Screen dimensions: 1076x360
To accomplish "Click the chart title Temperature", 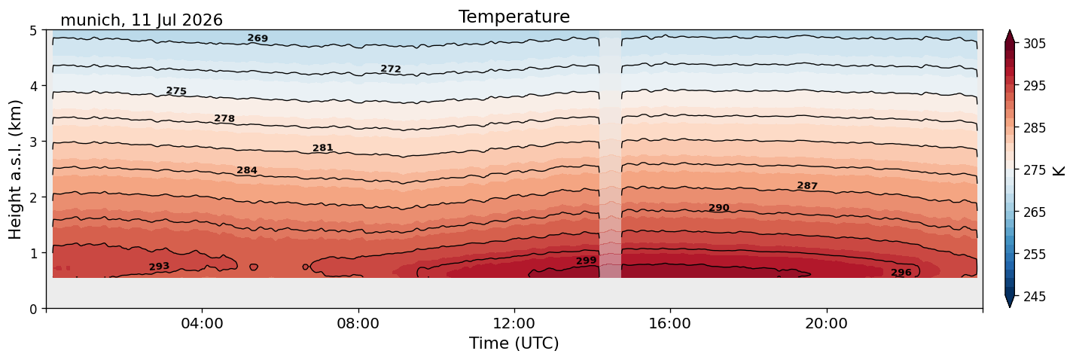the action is pyautogui.click(x=514, y=17).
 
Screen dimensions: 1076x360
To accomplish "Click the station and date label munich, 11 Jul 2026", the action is pyautogui.click(x=142, y=20).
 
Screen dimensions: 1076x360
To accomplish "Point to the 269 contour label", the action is pyautogui.click(x=258, y=38).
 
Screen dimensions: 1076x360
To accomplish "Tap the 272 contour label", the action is pyautogui.click(x=391, y=69).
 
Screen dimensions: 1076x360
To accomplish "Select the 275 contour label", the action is pyautogui.click(x=176, y=90).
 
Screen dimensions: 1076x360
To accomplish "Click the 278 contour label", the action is pyautogui.click(x=224, y=118).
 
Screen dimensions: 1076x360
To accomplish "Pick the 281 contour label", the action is pyautogui.click(x=323, y=148).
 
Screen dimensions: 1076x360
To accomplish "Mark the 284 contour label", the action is pyautogui.click(x=247, y=170).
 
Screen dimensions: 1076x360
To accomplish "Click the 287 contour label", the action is pyautogui.click(x=807, y=185).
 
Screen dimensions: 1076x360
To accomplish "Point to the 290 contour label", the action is pyautogui.click(x=719, y=208).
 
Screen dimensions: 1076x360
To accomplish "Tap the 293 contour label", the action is pyautogui.click(x=159, y=267).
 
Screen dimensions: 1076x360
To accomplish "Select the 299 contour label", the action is pyautogui.click(x=586, y=261).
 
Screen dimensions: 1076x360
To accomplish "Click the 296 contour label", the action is pyautogui.click(x=901, y=273).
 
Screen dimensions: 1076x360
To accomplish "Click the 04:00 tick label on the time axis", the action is pyautogui.click(x=202, y=323).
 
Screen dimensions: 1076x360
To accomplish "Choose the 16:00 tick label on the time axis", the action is pyautogui.click(x=670, y=323).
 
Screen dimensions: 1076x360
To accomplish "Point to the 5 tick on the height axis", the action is pyautogui.click(x=33, y=31).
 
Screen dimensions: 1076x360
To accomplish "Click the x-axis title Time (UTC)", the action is pyautogui.click(x=514, y=343).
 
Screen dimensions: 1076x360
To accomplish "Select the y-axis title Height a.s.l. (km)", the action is pyautogui.click(x=15, y=169).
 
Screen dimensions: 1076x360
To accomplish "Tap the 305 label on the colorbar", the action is pyautogui.click(x=1035, y=44).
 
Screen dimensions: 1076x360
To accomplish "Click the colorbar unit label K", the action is pyautogui.click(x=1058, y=170).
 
